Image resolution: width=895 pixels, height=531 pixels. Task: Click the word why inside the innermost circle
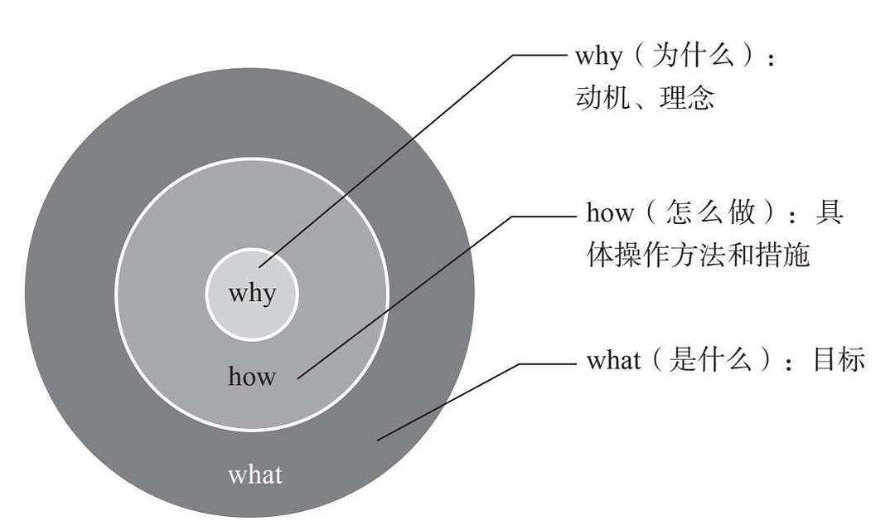[252, 294]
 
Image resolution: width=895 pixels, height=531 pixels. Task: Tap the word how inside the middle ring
[252, 378]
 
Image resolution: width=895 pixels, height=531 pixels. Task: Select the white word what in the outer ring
[255, 475]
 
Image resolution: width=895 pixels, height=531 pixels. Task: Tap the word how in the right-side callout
[610, 214]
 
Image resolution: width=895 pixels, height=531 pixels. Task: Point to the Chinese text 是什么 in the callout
[710, 362]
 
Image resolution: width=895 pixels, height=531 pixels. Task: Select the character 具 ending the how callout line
[830, 214]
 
